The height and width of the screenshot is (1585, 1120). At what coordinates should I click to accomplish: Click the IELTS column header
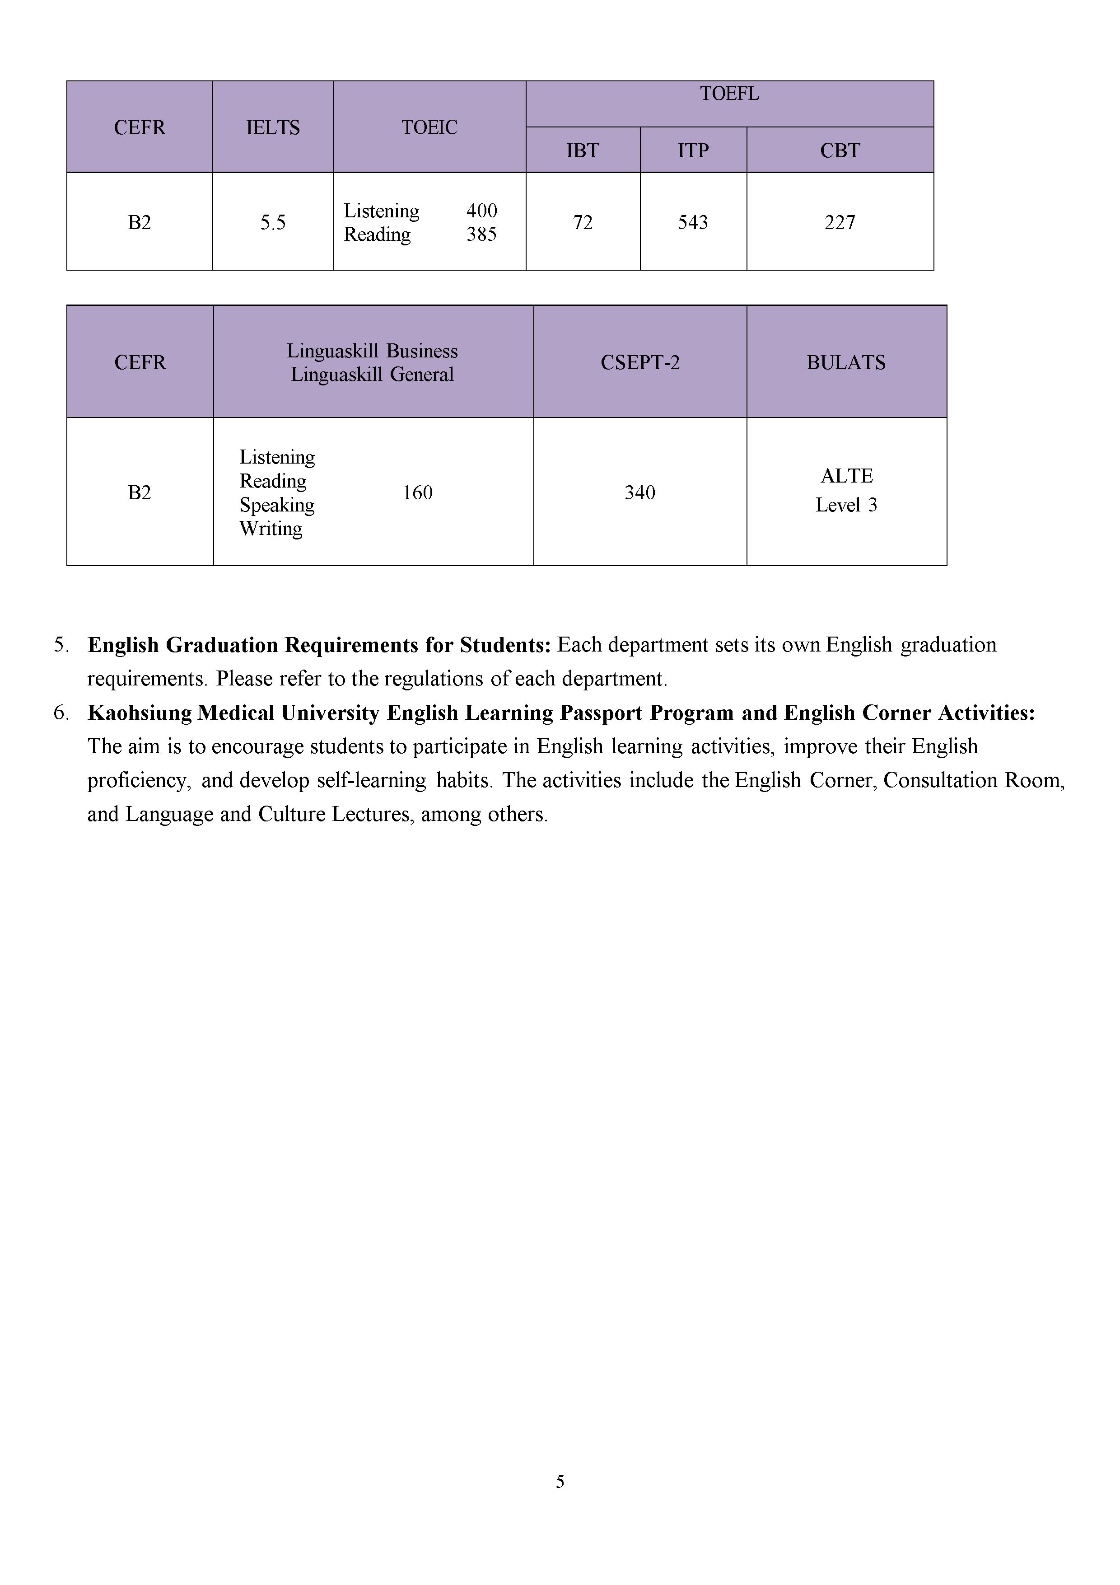pyautogui.click(x=273, y=128)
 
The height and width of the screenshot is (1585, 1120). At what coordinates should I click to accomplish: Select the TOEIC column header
pyautogui.click(x=429, y=128)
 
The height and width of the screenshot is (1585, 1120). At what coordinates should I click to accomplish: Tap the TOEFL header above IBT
pyautogui.click(x=729, y=94)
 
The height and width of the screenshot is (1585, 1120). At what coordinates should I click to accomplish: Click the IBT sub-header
pyautogui.click(x=583, y=150)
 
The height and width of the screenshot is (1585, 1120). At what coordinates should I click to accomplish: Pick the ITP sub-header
pyautogui.click(x=693, y=150)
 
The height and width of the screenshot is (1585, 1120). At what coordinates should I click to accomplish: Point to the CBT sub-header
pyautogui.click(x=840, y=150)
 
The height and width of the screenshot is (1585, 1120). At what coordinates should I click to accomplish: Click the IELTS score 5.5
pyautogui.click(x=273, y=222)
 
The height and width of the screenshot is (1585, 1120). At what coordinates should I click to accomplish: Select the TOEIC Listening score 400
pyautogui.click(x=482, y=211)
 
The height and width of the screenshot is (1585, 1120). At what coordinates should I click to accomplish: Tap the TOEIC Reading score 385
pyautogui.click(x=482, y=234)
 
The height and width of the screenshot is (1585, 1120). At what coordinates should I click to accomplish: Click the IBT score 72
pyautogui.click(x=583, y=222)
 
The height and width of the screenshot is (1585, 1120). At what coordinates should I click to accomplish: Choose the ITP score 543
pyautogui.click(x=693, y=222)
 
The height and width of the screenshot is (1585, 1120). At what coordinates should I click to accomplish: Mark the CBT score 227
pyautogui.click(x=840, y=222)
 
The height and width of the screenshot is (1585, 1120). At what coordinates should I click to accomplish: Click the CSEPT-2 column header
pyautogui.click(x=639, y=362)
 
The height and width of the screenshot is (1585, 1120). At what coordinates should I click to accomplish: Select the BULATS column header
pyautogui.click(x=846, y=362)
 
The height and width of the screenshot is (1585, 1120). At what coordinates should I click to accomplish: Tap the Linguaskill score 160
pyautogui.click(x=417, y=493)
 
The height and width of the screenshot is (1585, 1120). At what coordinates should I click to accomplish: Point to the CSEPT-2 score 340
pyautogui.click(x=639, y=493)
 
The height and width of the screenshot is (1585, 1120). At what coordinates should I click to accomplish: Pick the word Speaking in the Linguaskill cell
pyautogui.click(x=277, y=505)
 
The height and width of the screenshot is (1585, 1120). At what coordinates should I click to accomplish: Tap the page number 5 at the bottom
pyautogui.click(x=560, y=1482)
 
